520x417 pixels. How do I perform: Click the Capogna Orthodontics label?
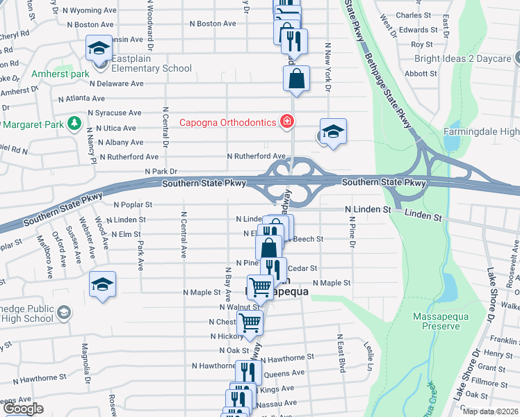(229, 123)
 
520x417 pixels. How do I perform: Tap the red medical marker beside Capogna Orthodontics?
(286, 122)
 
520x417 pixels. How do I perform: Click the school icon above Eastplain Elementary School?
(99, 49)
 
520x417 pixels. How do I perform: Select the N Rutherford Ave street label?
(257, 156)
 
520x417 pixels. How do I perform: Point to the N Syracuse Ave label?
(114, 113)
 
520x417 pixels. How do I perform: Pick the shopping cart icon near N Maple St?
(260, 286)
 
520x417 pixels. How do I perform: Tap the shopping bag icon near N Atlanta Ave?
(296, 79)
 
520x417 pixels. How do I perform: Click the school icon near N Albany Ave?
(333, 132)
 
